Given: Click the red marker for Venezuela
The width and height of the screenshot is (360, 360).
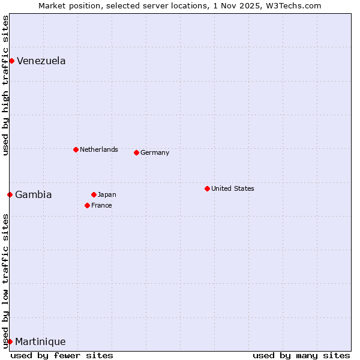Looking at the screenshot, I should click(x=11, y=61).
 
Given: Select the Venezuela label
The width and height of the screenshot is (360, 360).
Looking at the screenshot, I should click(x=41, y=61).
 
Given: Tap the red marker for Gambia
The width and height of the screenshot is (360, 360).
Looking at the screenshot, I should click(x=10, y=194).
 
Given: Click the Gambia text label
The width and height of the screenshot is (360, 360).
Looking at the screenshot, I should click(x=34, y=194).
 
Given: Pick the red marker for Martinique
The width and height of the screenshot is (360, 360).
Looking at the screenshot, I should click(x=10, y=341).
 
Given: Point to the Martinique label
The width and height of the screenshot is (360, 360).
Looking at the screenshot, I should click(x=40, y=342).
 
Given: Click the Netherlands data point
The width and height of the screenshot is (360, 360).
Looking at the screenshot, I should click(x=76, y=149).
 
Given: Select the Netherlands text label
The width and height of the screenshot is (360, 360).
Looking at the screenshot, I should click(x=98, y=149).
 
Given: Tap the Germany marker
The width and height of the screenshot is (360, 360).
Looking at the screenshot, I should click(x=136, y=152).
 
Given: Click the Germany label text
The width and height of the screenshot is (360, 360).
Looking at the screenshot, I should click(x=155, y=152).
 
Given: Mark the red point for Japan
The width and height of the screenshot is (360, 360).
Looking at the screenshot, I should click(x=94, y=194).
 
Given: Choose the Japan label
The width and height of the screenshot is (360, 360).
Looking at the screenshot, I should click(x=107, y=194).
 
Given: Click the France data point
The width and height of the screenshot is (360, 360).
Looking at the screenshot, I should click(x=87, y=205).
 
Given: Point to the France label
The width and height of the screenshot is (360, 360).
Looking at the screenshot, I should click(x=101, y=205).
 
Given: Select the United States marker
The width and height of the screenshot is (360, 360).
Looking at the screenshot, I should click(x=207, y=188).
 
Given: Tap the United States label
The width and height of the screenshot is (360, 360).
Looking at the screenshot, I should click(x=232, y=188).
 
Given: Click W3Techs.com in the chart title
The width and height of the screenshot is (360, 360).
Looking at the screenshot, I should click(x=293, y=5).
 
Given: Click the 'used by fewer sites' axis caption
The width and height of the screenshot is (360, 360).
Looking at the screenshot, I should click(x=62, y=355).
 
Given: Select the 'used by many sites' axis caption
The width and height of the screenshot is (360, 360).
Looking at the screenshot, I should click(x=301, y=355).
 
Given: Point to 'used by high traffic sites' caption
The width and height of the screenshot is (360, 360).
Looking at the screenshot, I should click(x=5, y=85).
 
